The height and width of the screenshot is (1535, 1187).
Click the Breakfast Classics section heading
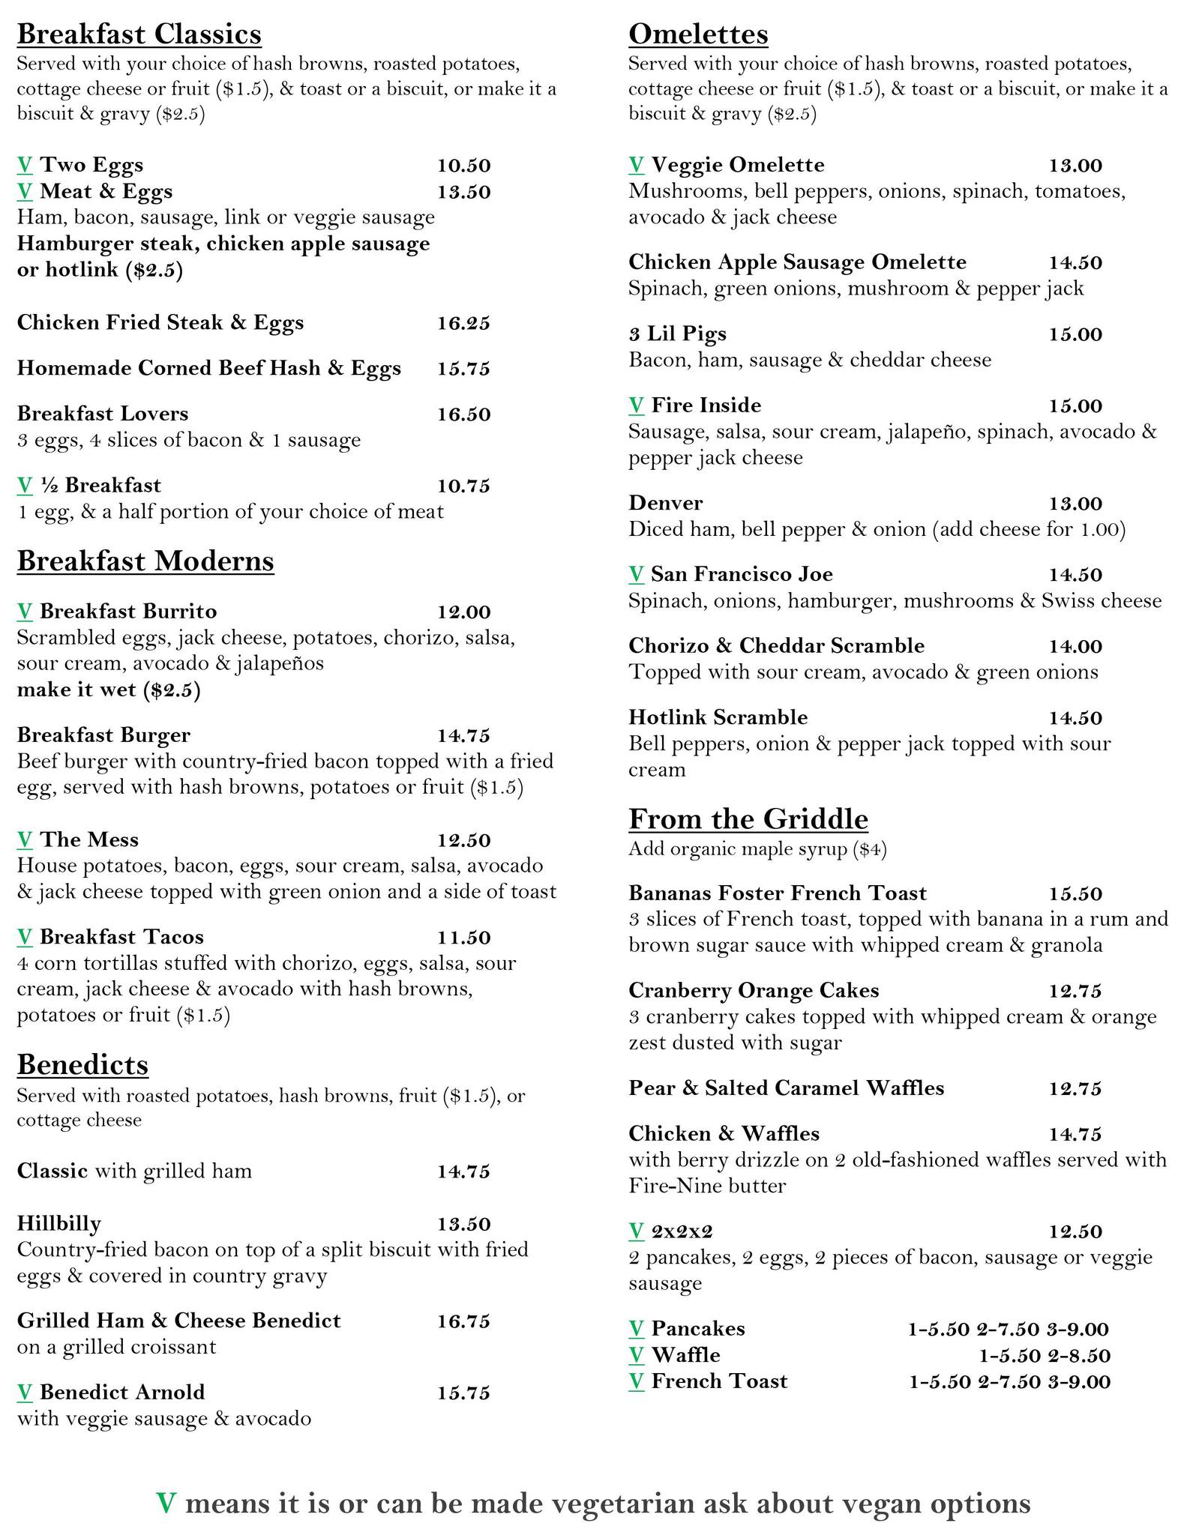click(139, 34)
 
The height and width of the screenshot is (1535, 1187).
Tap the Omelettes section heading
click(698, 34)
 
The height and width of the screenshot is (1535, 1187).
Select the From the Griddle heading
click(748, 819)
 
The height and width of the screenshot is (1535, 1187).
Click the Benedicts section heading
click(82, 1064)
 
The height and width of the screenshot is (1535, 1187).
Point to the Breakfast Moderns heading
click(145, 561)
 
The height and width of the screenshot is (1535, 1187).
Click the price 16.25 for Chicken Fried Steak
click(463, 323)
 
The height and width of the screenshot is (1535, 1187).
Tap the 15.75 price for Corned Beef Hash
click(463, 369)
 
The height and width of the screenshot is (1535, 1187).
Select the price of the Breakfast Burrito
click(463, 612)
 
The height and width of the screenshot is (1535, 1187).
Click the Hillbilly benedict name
click(59, 1224)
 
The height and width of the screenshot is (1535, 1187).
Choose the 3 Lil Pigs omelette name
click(677, 334)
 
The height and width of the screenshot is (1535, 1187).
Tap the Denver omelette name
click(666, 503)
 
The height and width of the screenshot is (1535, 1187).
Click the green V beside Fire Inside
click(636, 405)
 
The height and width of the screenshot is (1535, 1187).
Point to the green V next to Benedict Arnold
click(25, 1393)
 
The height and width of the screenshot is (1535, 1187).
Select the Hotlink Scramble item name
click(718, 717)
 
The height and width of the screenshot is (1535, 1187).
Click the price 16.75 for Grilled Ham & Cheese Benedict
click(463, 1321)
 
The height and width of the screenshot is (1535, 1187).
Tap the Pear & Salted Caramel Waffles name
click(786, 1088)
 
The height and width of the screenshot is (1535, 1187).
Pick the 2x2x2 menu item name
click(682, 1231)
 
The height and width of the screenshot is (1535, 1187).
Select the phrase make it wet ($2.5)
click(109, 690)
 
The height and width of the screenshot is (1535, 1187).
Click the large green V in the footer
click(166, 1503)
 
